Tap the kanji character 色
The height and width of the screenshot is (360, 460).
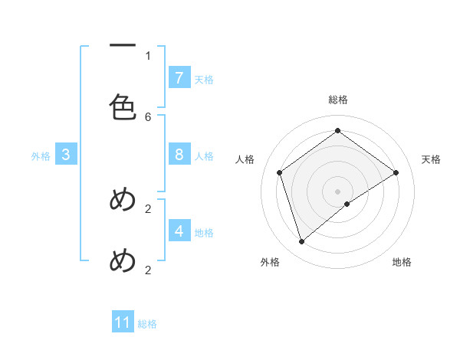tap(123, 108)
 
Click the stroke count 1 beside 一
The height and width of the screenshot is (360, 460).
tap(148, 55)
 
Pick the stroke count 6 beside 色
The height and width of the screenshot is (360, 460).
tap(148, 116)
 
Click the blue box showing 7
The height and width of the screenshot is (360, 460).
tap(179, 77)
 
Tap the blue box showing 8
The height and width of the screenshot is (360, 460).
tap(179, 155)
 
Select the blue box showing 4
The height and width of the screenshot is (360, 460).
tap(179, 231)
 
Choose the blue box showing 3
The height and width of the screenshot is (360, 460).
tap(66, 155)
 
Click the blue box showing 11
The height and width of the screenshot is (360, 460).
tap(123, 322)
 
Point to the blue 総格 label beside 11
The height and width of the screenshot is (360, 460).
tap(147, 324)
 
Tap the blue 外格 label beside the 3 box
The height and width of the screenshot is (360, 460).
tap(41, 156)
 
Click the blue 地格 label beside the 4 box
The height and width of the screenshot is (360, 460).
tap(204, 232)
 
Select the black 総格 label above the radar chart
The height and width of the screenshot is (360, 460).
tap(338, 100)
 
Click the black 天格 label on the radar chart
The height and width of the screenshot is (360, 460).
tap(431, 159)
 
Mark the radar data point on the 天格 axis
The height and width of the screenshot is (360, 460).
tap(396, 172)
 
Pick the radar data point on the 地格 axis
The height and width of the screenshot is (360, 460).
tap(347, 204)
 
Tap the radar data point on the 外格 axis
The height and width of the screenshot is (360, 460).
tap(301, 242)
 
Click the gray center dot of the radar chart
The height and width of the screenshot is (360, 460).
tap(338, 191)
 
